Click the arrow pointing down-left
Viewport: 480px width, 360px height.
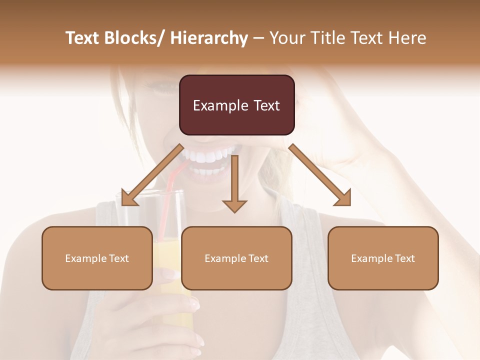pyautogui.click(x=150, y=174)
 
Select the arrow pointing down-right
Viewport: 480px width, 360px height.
pyautogui.click(x=320, y=174)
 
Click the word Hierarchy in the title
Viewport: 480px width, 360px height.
pyautogui.click(x=209, y=38)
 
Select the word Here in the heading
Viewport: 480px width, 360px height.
pyautogui.click(x=407, y=38)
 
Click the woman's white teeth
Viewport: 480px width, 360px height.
pyautogui.click(x=210, y=156)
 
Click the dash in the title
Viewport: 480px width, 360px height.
pyautogui.click(x=258, y=38)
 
